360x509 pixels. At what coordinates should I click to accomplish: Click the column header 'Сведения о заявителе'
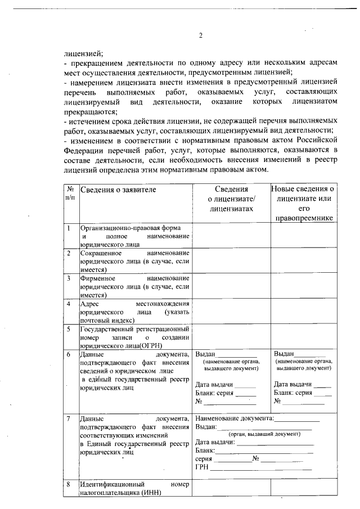click(118, 190)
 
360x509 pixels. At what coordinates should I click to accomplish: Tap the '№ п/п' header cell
click(70, 194)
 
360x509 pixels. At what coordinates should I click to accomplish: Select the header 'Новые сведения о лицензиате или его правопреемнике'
click(303, 203)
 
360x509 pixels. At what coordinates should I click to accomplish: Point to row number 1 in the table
click(69, 228)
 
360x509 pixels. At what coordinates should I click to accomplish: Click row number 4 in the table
click(69, 304)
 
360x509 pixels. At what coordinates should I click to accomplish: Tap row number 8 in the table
click(69, 484)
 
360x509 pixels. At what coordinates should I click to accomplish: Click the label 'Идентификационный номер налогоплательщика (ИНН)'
click(134, 488)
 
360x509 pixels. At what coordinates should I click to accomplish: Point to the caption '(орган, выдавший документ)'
click(264, 434)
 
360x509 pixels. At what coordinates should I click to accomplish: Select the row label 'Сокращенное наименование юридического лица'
click(134, 262)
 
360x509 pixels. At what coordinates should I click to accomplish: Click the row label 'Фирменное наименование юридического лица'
click(134, 286)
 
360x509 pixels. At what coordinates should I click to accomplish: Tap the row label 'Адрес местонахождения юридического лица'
click(134, 312)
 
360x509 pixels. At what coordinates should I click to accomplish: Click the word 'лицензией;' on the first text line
click(83, 54)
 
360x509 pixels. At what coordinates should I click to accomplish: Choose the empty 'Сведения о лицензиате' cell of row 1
click(231, 236)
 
